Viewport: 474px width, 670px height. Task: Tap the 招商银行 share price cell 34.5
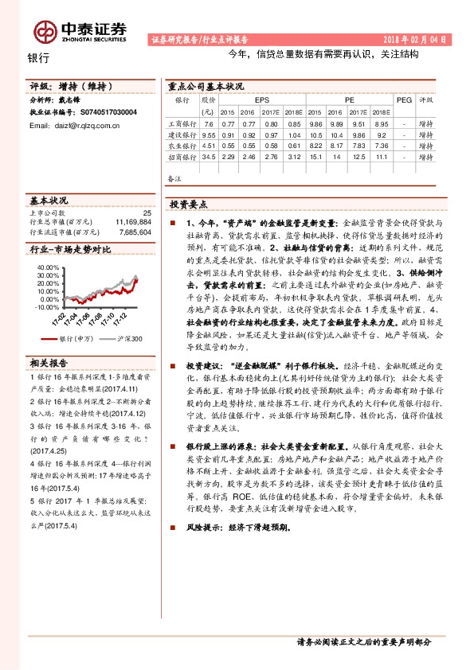point(209,157)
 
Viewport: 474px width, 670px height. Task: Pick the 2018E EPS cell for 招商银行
point(294,157)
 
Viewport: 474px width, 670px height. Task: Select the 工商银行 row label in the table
point(181,124)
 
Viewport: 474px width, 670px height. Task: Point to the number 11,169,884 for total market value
point(132,223)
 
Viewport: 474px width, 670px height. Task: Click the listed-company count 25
point(146,213)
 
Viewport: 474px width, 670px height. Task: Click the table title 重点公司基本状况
point(202,85)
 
